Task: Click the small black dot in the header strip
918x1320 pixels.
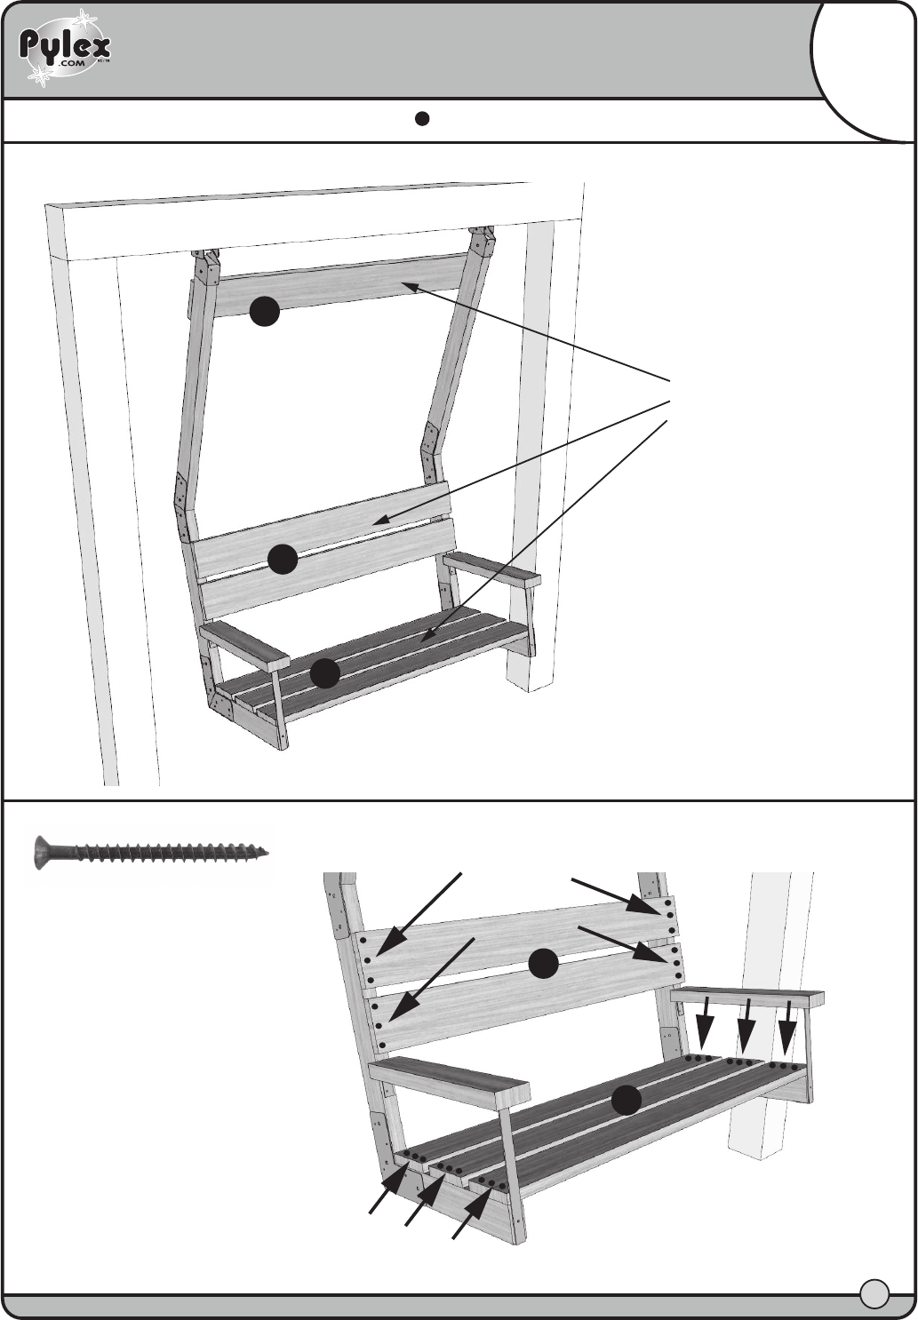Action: pyautogui.click(x=421, y=118)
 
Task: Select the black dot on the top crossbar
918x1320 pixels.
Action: pyautogui.click(x=264, y=311)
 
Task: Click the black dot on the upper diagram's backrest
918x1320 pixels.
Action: pyautogui.click(x=283, y=559)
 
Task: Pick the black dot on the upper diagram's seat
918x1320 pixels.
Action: pyautogui.click(x=325, y=673)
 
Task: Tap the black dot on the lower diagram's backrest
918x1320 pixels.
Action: pyautogui.click(x=543, y=964)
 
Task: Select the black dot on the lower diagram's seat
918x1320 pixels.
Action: pyautogui.click(x=626, y=1100)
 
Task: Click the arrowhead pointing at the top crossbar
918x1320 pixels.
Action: pyautogui.click(x=411, y=287)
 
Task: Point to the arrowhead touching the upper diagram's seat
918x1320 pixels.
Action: pyautogui.click(x=427, y=636)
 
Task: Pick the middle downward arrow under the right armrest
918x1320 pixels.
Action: pyautogui.click(x=746, y=1026)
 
